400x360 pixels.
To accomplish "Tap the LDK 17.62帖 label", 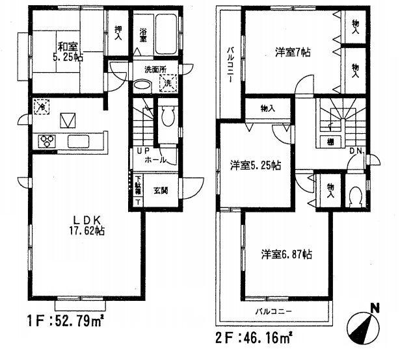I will click(85, 224).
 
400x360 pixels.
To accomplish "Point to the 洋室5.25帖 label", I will click(255, 165).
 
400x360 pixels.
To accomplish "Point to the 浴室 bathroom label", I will click(143, 34).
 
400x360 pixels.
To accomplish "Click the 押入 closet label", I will click(118, 32).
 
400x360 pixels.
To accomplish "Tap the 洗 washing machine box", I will click(167, 83).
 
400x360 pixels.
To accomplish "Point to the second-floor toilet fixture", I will click(355, 196).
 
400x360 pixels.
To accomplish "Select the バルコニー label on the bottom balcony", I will click(273, 311).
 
